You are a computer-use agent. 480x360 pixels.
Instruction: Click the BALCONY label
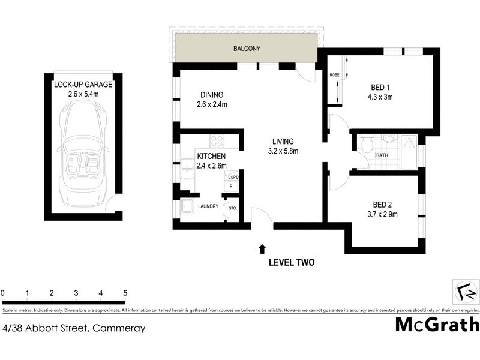coord(246,49)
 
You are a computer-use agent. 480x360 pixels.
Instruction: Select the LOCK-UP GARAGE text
coord(83,85)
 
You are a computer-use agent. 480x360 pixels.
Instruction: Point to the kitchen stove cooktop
coord(217,142)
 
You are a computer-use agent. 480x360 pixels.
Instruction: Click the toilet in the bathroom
coord(366,145)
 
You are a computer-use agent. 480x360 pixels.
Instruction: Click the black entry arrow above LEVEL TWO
coord(262,247)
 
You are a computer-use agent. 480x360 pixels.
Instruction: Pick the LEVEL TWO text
coord(291,263)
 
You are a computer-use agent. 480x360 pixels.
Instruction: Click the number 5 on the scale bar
coord(125,293)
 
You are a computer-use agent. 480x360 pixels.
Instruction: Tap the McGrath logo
coord(437,325)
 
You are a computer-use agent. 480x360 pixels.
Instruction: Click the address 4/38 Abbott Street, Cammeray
coord(74,328)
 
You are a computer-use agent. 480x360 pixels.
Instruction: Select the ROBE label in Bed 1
coord(334,75)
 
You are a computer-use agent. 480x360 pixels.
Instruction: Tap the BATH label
coord(381,156)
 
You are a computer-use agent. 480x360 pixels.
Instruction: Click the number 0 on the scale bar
coord(3,293)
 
